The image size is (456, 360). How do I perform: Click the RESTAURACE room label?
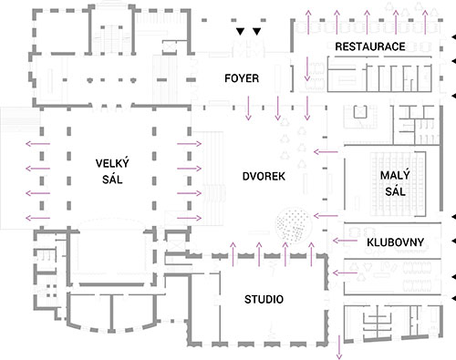[x=369, y=46]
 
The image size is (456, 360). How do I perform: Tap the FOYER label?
[x=242, y=79]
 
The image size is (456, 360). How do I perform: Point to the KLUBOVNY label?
[x=392, y=243]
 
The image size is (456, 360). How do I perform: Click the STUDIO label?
[x=264, y=299]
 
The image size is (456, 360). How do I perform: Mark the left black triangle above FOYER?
[x=240, y=32]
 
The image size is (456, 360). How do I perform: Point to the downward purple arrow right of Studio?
[x=339, y=346]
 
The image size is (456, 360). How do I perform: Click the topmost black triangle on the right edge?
[x=453, y=38]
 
